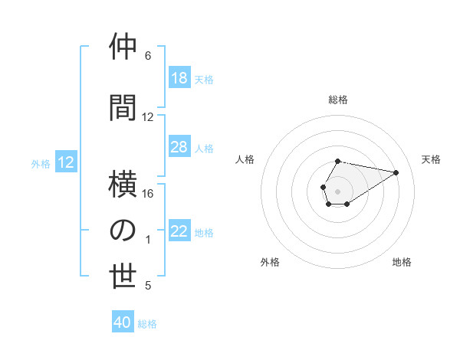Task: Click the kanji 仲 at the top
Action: coord(123,47)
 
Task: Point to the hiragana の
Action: coord(123,231)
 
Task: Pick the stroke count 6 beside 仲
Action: coord(148,56)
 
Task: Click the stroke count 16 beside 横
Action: coord(148,194)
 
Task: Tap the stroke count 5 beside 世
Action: coord(148,286)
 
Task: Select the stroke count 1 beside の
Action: coord(148,240)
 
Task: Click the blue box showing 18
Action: coord(179,78)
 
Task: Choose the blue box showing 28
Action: coord(179,147)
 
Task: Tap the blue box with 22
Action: coord(179,231)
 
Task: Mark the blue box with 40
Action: coord(123,322)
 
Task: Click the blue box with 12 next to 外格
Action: coord(65,162)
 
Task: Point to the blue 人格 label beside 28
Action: coord(204,148)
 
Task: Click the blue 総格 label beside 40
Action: coord(147,323)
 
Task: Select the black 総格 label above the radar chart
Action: coord(338,100)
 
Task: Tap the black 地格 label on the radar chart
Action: coord(402,262)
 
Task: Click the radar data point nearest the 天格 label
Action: coord(396,172)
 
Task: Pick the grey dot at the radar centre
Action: coord(337,190)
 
